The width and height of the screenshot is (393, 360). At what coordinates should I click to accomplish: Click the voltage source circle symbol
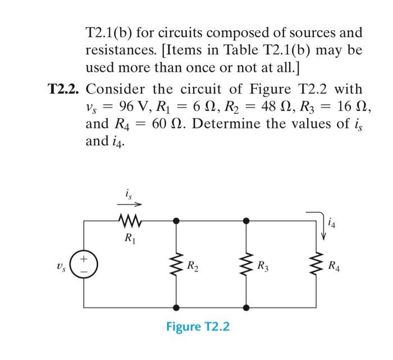coord(84,264)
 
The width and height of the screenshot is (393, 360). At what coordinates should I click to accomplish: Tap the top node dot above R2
coord(176,220)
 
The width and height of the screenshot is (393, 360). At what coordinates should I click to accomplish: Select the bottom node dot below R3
coord(245,308)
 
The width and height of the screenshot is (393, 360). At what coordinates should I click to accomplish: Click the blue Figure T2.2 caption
coord(198,326)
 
